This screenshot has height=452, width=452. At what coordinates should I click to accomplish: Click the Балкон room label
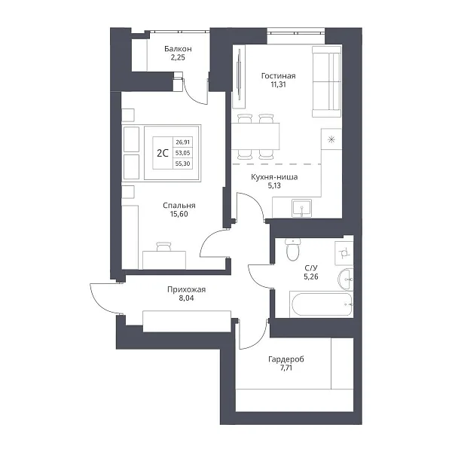[x=178, y=49]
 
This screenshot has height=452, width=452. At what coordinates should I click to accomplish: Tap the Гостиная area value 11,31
[x=278, y=84]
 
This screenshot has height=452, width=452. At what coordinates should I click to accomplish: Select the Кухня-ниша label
[x=274, y=177]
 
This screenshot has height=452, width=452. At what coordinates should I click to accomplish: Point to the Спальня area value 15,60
[x=179, y=214]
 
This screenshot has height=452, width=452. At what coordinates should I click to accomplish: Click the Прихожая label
[x=186, y=289]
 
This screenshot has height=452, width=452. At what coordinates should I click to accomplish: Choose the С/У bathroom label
[x=310, y=268]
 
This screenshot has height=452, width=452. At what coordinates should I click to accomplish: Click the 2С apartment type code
[x=163, y=153]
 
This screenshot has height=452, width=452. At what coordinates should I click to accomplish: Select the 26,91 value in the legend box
[x=183, y=142]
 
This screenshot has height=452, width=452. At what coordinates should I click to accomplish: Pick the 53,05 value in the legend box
[x=183, y=153]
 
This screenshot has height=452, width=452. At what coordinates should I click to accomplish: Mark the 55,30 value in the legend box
[x=183, y=163]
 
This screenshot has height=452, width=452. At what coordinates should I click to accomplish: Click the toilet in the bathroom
[x=293, y=249]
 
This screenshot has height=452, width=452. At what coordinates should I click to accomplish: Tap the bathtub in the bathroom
[x=322, y=304]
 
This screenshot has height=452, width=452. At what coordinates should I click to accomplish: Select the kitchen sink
[x=301, y=208]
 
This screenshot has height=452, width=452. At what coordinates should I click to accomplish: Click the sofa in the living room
[x=327, y=81]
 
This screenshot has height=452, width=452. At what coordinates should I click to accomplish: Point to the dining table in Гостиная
[x=255, y=136]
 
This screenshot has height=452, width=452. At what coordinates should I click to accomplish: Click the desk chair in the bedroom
[x=163, y=247]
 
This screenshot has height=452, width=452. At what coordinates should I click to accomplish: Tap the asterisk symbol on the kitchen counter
[x=331, y=140]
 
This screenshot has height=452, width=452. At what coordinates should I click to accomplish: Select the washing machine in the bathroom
[x=344, y=253]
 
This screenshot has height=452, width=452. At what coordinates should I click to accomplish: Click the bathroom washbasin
[x=345, y=279]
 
